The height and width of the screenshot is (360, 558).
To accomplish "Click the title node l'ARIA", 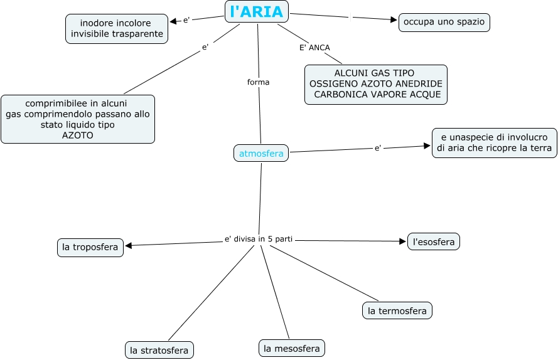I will click(257, 12).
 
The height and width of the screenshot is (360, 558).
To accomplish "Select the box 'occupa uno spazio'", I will click(444, 22).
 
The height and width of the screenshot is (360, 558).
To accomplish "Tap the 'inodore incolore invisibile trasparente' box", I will click(117, 29).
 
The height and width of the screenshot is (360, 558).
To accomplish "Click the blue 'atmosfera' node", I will click(261, 152).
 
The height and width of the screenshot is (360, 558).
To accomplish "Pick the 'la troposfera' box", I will click(90, 247).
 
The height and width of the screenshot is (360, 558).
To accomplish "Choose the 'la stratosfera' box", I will click(159, 350).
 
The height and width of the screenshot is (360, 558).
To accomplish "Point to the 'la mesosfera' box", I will click(292, 348).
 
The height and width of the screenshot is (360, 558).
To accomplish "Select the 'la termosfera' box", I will click(397, 310).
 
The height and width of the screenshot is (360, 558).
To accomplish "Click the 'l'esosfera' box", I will click(434, 241).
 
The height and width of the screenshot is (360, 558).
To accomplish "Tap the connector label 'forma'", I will click(259, 82).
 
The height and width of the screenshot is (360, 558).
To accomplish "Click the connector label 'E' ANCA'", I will click(314, 48).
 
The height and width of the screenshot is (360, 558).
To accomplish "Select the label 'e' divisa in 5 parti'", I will click(259, 239).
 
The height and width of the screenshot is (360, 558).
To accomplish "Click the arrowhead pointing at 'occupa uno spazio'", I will click(394, 20).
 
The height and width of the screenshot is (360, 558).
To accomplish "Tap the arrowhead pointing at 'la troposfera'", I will click(128, 245).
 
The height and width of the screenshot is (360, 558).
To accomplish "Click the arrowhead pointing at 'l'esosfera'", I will click(403, 241).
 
